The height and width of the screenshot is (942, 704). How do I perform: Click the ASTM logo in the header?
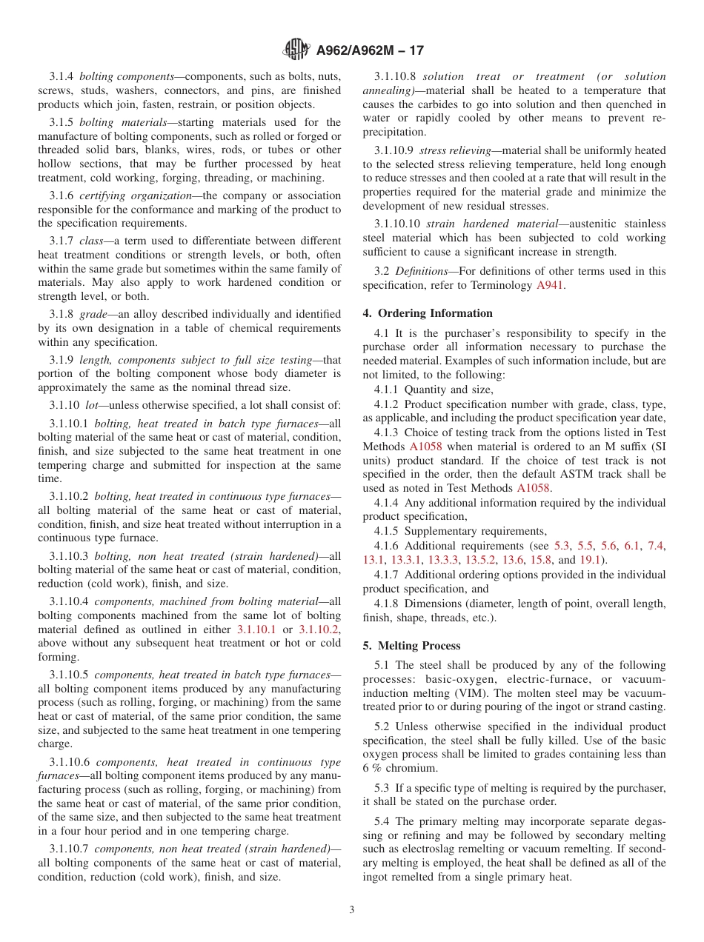297,50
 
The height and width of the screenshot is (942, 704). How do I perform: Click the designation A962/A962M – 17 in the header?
370,51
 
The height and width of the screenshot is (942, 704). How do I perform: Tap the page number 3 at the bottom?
352,909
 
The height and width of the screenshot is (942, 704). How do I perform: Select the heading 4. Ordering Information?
428,313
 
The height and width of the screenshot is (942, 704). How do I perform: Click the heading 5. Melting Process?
411,646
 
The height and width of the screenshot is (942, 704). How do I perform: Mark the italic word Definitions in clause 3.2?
420,271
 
